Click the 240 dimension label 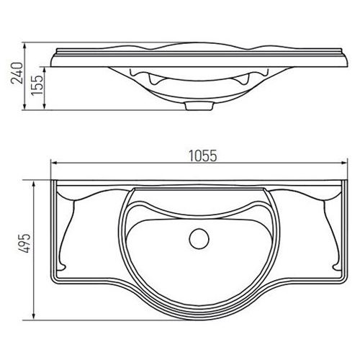point(17,73)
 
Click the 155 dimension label point(37,86)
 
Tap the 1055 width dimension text point(203,156)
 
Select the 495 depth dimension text point(25,243)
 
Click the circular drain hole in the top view point(199,239)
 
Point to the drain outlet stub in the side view point(199,106)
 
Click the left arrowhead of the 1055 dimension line point(54,163)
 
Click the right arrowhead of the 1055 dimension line point(344,163)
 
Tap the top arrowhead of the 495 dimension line point(34,184)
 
